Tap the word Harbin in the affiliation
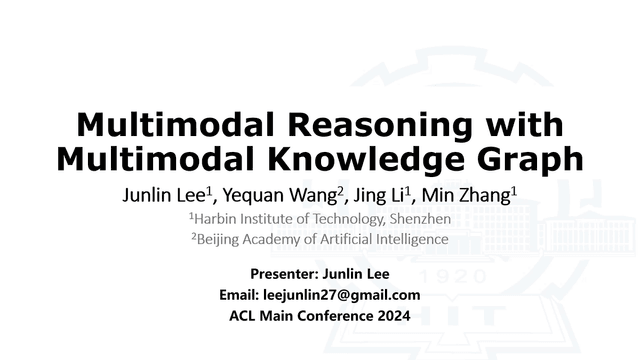click(x=218, y=219)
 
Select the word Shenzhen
click(x=418, y=219)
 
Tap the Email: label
click(x=239, y=295)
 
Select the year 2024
click(x=391, y=316)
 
